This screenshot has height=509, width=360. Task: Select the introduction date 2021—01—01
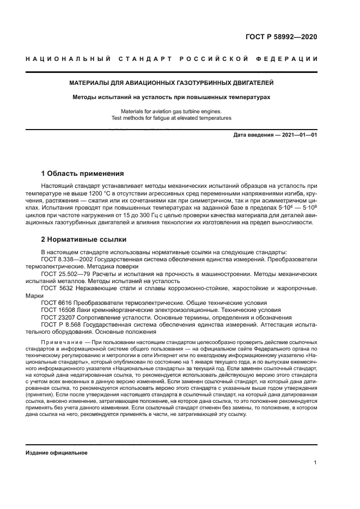point(298,135)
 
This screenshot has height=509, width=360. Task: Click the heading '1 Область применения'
point(83,174)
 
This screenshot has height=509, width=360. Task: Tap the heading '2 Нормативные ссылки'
point(84,239)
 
